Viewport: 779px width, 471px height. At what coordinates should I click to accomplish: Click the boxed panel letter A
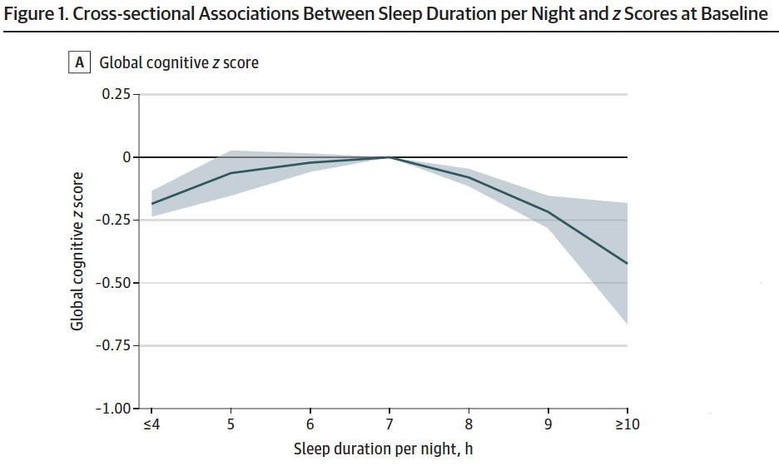81,62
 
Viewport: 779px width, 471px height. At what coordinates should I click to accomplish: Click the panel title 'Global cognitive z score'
179,62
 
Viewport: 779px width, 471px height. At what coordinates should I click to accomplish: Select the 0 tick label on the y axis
127,157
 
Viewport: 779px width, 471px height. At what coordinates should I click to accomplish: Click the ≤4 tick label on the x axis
151,424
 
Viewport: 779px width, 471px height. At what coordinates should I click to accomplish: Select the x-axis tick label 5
231,424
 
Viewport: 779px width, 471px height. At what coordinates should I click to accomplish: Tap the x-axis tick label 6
310,424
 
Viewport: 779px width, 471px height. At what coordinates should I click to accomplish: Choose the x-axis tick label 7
389,424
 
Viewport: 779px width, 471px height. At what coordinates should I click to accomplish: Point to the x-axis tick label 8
469,424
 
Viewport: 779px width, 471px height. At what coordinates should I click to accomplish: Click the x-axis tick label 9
548,424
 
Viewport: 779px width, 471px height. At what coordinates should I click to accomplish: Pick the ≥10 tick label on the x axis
628,424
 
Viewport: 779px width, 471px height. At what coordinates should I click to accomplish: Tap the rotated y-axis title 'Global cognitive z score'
77,250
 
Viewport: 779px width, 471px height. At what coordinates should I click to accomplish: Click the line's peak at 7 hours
389,157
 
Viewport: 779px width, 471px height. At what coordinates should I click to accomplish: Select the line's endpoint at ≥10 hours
628,264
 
